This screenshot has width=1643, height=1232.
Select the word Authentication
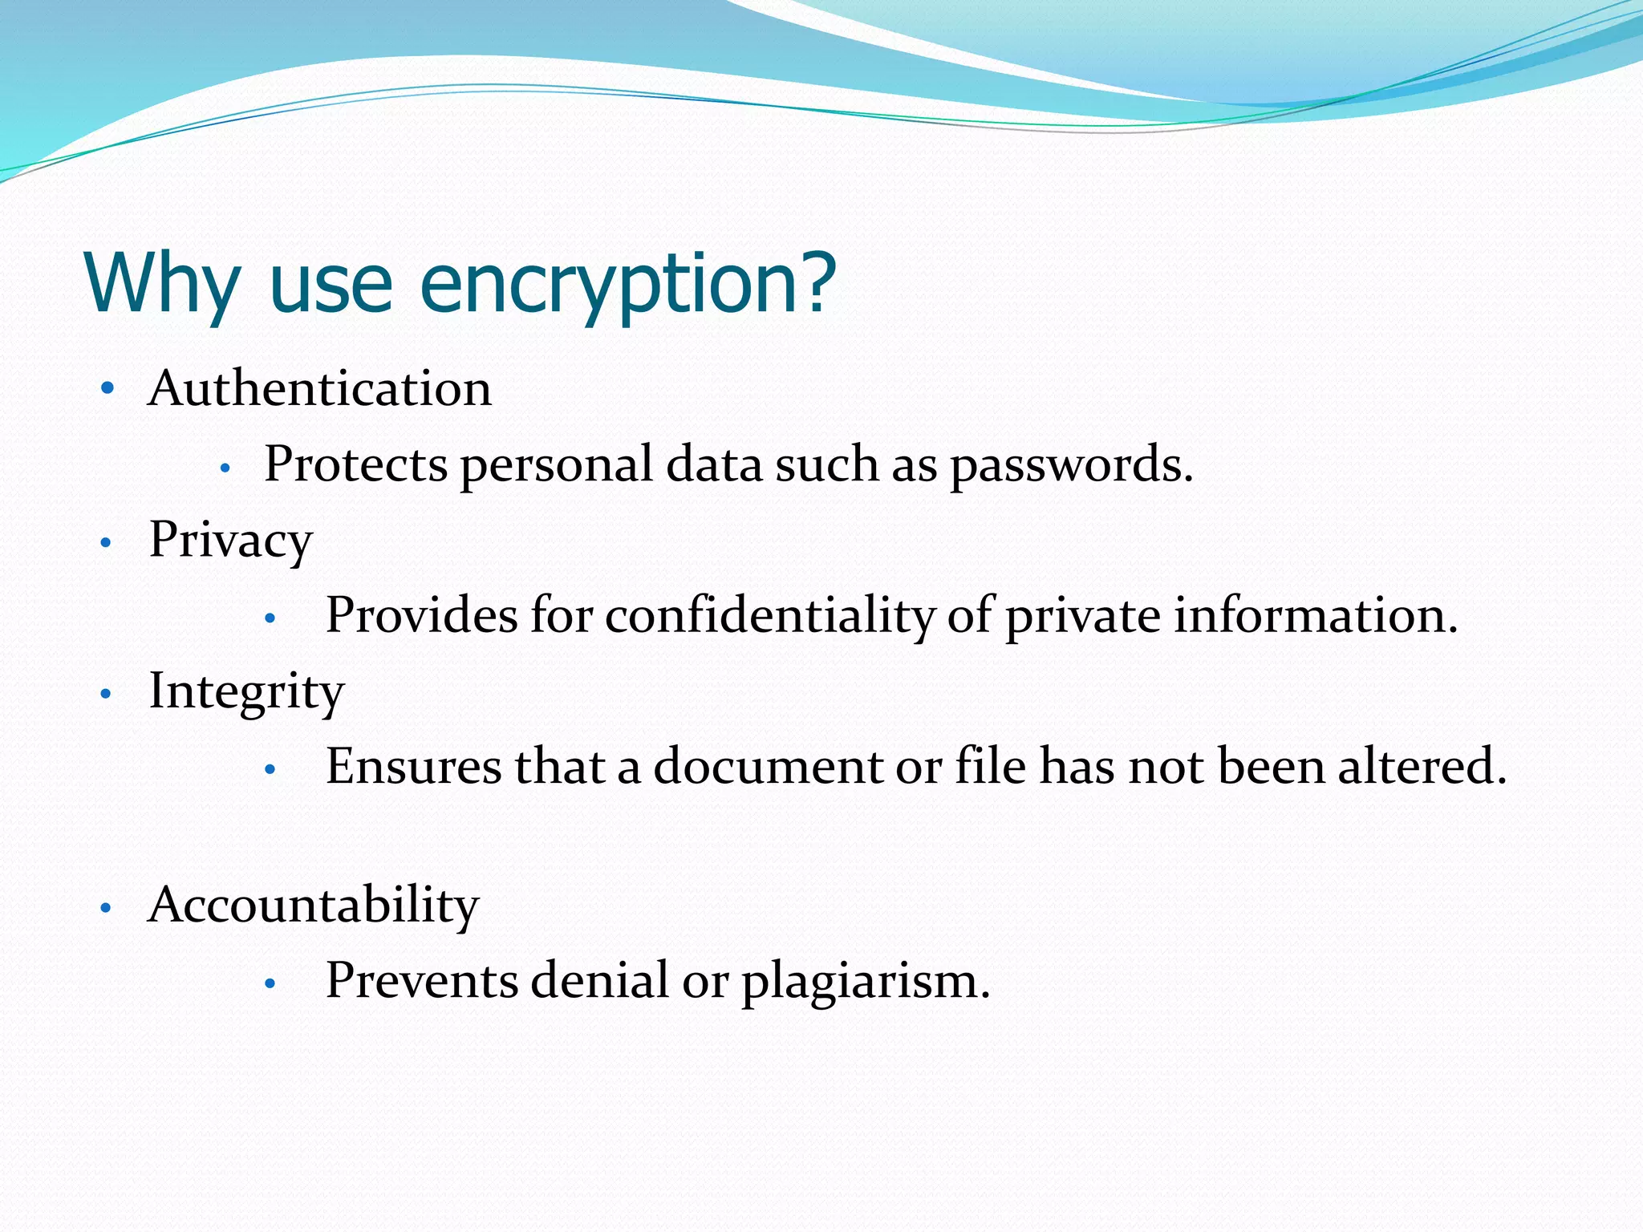[319, 389]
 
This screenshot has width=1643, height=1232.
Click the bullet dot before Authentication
[108, 390]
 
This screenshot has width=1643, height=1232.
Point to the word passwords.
[1072, 465]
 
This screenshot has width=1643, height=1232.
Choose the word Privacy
[230, 540]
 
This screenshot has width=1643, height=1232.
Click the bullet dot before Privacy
[106, 544]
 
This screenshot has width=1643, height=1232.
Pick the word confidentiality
[769, 616]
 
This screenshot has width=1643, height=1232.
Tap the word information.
[1316, 616]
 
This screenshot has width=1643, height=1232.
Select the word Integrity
[246, 691]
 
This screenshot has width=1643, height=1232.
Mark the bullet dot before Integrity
[106, 694]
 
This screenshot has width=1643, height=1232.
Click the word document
[768, 767]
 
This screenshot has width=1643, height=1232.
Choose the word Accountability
[314, 906]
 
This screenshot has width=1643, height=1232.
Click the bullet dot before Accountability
[106, 909]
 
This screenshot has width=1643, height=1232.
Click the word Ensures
[413, 767]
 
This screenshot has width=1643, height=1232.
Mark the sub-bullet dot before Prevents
[270, 983]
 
